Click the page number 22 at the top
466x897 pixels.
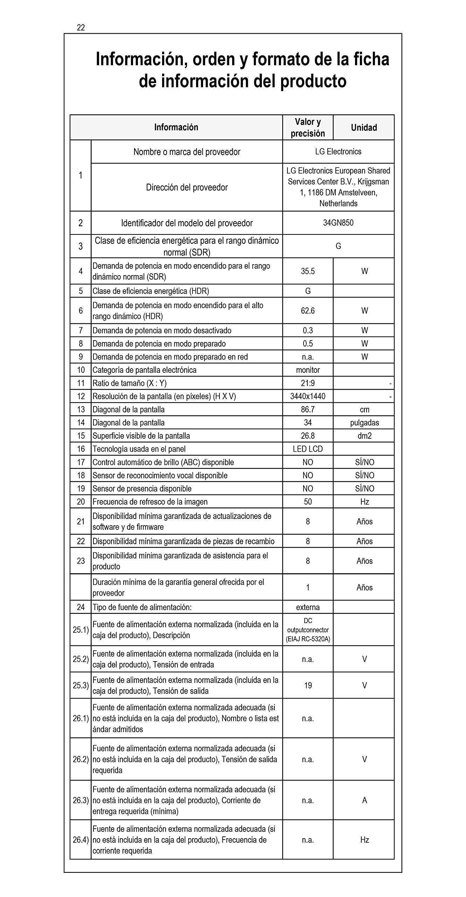[x=81, y=28]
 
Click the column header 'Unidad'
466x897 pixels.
[x=364, y=128]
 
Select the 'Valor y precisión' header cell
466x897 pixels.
[x=308, y=128]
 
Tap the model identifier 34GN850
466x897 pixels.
[x=338, y=223]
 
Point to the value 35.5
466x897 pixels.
[x=308, y=271]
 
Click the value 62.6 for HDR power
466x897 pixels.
[x=308, y=311]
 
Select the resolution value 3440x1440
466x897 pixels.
[x=308, y=396]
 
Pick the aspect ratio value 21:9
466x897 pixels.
[x=308, y=383]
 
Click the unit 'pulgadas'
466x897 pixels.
[x=364, y=423]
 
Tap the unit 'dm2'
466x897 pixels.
[x=364, y=436]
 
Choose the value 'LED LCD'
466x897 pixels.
[x=308, y=449]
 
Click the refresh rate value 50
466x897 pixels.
[x=308, y=502]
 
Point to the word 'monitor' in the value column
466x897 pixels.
[x=308, y=370]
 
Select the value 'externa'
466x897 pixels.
[x=308, y=607]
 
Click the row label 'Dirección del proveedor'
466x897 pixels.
[x=187, y=187]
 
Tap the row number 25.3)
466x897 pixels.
[x=81, y=685]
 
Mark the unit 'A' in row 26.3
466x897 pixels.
[x=364, y=800]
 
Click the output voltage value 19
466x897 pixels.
[x=308, y=685]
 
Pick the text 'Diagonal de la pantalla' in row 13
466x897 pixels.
[x=128, y=410]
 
